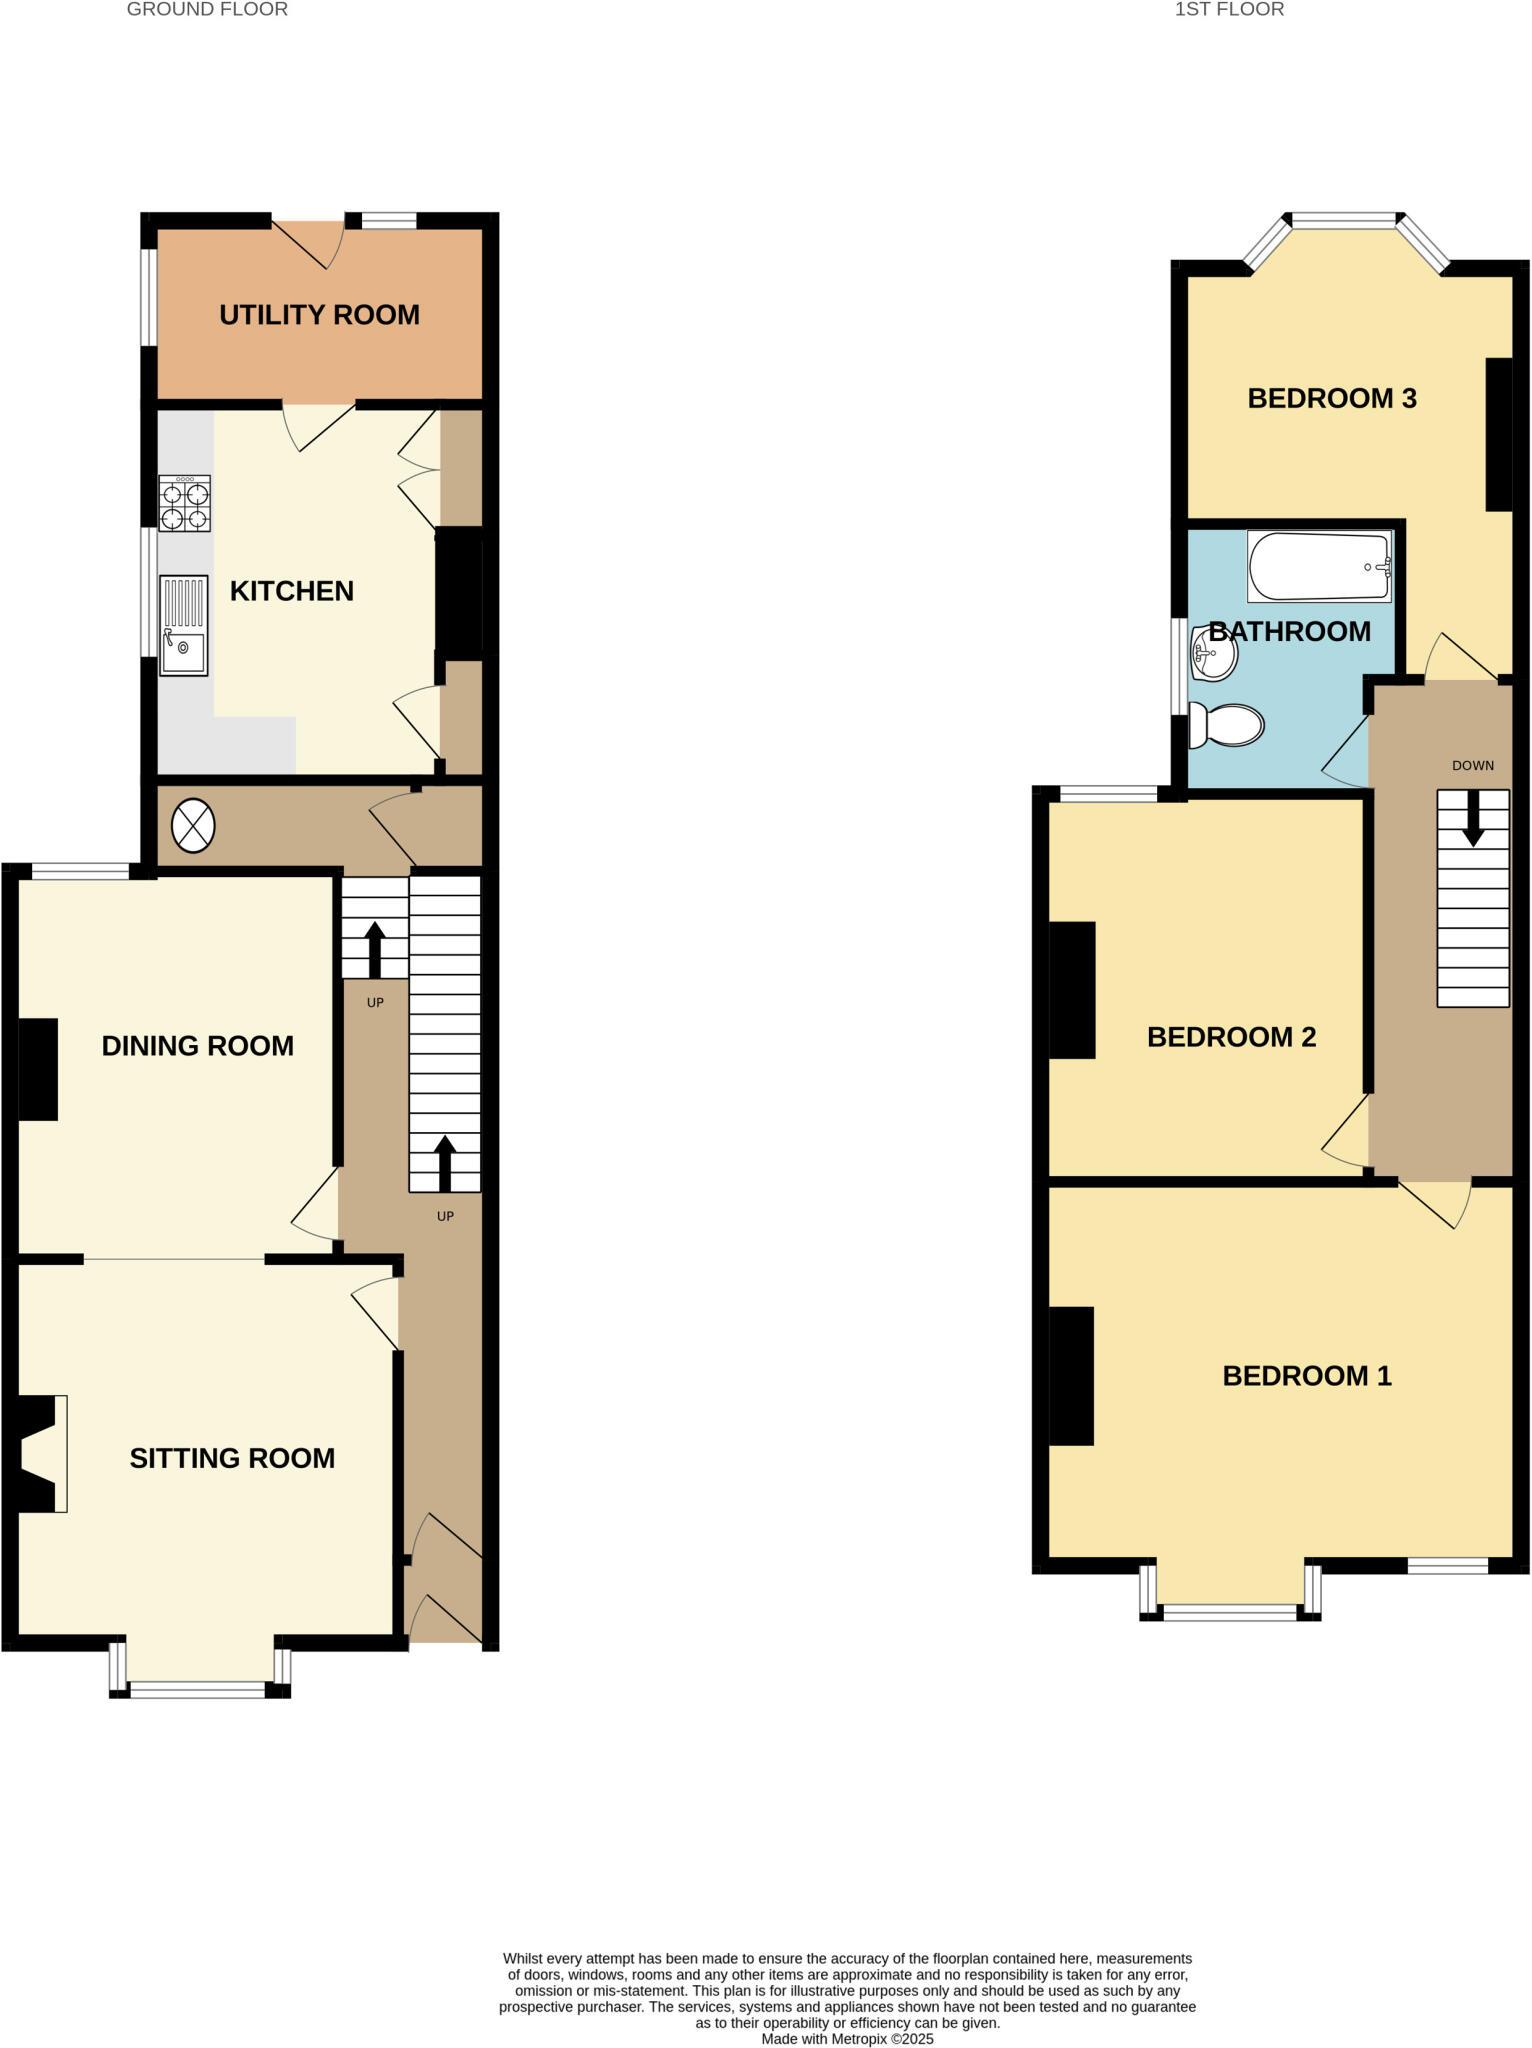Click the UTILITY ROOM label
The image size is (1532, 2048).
tap(319, 315)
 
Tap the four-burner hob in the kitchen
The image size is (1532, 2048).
tap(185, 503)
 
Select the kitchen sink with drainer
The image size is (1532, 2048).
tap(184, 625)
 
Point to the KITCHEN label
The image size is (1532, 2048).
tap(292, 591)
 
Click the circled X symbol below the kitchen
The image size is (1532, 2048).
tap(193, 826)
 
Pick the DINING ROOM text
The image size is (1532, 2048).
tap(198, 1046)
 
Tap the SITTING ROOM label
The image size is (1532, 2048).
tap(232, 1458)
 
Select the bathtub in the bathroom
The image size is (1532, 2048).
tap(1319, 567)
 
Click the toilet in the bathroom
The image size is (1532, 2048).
tap(1228, 726)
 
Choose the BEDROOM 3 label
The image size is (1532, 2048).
tap(1332, 399)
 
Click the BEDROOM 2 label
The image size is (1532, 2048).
tap(1231, 1037)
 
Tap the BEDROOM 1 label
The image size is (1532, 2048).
tap(1307, 1376)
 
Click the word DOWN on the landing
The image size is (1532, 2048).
tap(1473, 766)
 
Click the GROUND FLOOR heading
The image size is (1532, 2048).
tap(207, 10)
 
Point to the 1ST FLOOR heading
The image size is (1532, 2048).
tap(1229, 10)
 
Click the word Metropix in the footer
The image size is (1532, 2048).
tap(859, 2038)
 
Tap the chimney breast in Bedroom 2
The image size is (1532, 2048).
tap(1072, 990)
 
